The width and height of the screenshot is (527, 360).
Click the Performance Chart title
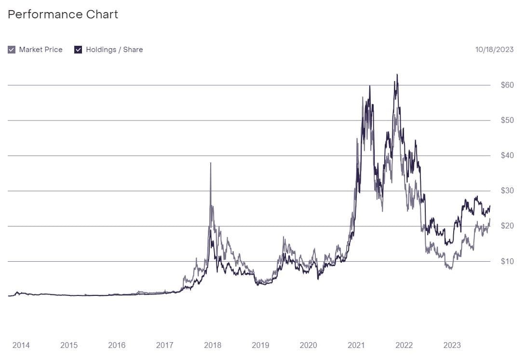click(63, 14)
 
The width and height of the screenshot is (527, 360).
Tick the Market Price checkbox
click(12, 50)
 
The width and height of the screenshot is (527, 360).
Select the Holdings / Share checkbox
click(78, 50)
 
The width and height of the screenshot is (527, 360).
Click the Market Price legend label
click(41, 50)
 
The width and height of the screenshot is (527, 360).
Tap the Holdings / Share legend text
click(114, 50)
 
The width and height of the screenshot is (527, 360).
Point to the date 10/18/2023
click(494, 50)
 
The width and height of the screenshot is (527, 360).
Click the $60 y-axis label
click(508, 85)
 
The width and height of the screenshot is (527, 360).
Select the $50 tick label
click(508, 120)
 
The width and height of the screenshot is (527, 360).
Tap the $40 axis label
click(508, 156)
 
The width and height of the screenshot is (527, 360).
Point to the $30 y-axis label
click(508, 191)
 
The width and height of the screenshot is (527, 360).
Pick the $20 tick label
click(508, 226)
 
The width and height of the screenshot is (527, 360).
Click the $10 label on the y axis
click(508, 262)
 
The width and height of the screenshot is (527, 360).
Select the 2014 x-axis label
click(21, 345)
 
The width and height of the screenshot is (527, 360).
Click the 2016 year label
click(117, 345)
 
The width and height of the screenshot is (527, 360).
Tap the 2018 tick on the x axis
click(213, 345)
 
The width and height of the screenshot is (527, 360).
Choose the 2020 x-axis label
click(308, 345)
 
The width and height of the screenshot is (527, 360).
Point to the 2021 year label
click(356, 345)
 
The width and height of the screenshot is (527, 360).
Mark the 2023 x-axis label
click(452, 345)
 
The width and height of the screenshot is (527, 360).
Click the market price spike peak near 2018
click(211, 163)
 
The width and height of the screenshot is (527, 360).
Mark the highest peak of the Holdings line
click(397, 75)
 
